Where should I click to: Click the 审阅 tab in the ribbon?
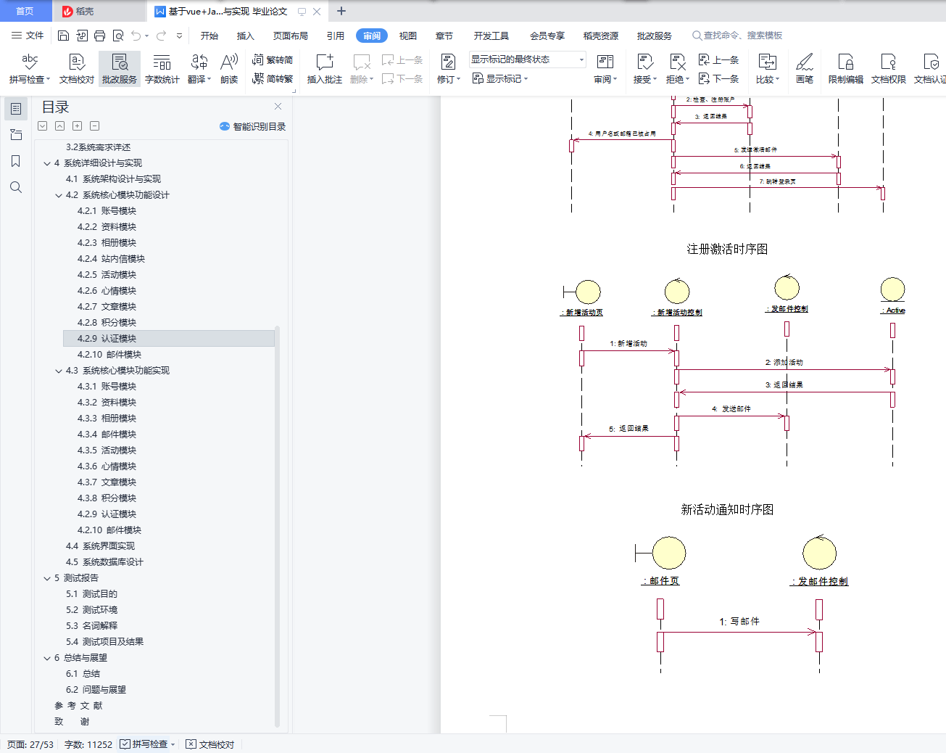pos(371,36)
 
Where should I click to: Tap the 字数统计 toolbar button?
pos(162,68)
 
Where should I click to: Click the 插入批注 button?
pos(324,68)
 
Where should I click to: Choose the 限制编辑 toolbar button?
pos(845,68)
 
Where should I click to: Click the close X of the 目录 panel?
pos(278,107)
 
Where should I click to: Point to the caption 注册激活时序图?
pos(727,249)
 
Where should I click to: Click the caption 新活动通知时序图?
pos(727,509)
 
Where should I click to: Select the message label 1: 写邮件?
pos(739,621)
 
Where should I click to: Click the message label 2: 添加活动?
pos(784,362)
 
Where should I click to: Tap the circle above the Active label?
pos(892,289)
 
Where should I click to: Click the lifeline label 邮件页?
pos(660,581)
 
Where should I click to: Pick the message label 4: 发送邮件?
pos(731,408)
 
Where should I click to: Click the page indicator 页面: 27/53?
pos(30,744)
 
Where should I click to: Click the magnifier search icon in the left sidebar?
pos(16,187)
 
